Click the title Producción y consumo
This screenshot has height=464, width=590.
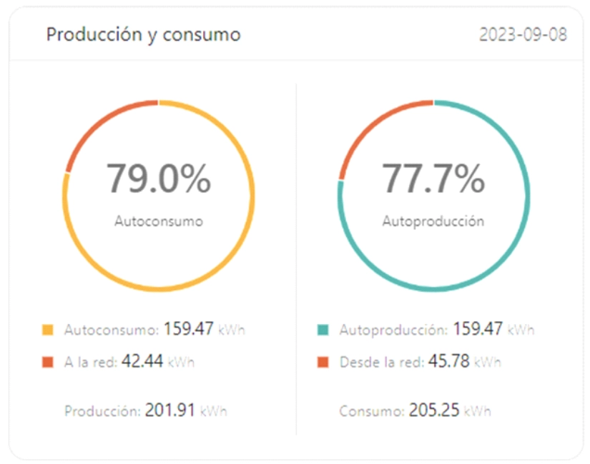tap(143, 34)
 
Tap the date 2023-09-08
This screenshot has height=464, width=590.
tap(523, 34)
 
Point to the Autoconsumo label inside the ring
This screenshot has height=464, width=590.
tap(159, 221)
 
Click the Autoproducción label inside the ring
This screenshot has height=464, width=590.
tap(433, 221)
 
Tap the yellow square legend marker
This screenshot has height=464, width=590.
tap(48, 330)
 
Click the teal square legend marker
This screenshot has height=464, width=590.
tap(323, 330)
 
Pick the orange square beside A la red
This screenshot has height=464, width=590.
tap(48, 362)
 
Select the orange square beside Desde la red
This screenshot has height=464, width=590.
tap(323, 362)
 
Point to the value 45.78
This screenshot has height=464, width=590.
tap(448, 361)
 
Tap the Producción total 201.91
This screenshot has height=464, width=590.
tap(169, 410)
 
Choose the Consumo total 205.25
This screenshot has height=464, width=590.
tap(434, 410)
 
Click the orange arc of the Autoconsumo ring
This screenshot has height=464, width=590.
tap(100, 121)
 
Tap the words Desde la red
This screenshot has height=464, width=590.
tap(380, 362)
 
